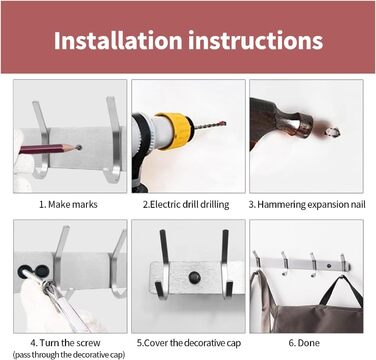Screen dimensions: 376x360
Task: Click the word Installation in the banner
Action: [118, 40]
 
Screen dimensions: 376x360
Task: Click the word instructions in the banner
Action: [256, 40]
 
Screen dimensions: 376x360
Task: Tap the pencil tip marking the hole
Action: [78, 147]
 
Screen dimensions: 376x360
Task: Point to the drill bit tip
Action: [225, 124]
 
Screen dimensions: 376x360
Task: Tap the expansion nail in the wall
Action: [331, 132]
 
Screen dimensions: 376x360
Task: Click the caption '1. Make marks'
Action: [68, 204]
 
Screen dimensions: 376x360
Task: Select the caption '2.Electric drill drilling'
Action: [186, 204]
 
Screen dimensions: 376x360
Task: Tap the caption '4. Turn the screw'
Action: [65, 343]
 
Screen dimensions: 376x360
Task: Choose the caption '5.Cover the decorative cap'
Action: [189, 343]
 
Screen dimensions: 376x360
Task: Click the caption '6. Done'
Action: [304, 343]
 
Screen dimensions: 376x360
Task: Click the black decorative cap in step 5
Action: [194, 277]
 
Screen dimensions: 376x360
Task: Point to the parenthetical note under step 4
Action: [69, 355]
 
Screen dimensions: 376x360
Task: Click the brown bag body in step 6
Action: [317, 318]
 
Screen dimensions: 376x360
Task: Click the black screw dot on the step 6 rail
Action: [329, 266]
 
